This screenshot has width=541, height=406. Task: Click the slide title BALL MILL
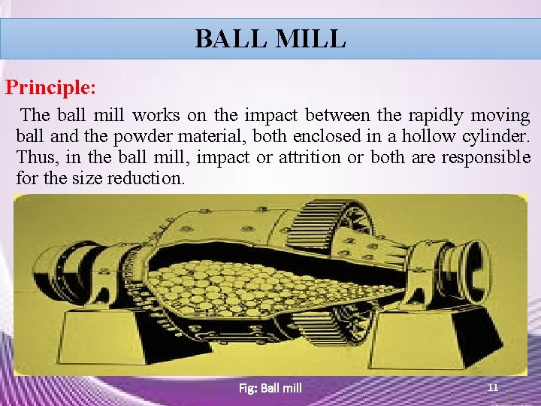click(270, 38)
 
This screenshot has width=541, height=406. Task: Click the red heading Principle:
click(50, 87)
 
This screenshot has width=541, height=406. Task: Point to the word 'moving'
click(500, 116)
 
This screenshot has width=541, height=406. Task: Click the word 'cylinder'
click(497, 137)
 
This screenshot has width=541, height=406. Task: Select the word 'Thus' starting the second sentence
click(33, 158)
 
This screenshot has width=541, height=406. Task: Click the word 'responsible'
click(485, 158)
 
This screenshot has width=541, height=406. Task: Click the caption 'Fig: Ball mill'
click(270, 388)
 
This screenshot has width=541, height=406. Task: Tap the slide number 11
click(493, 387)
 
